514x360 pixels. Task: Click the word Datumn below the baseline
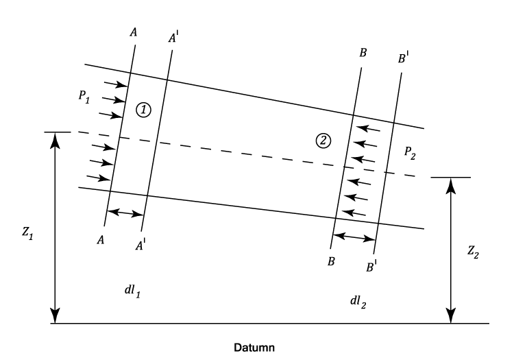pos(254,347)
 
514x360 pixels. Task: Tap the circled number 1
pos(144,110)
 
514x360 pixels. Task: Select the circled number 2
pos(323,141)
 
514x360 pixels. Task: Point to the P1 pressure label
pos(84,97)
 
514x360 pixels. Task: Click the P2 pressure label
pos(410,153)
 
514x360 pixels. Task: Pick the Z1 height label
pos(27,233)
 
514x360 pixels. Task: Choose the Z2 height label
pos(473,252)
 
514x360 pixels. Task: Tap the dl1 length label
pos(133,291)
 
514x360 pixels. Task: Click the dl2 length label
pos(358,302)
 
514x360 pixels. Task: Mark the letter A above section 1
pos(134,32)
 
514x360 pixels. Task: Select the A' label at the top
pos(173,38)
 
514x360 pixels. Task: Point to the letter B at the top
pos(363,53)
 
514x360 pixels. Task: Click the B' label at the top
pos(403,58)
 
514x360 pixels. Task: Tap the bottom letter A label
pos(101,240)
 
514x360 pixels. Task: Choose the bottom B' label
pos(371,267)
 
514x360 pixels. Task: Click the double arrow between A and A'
pos(125,213)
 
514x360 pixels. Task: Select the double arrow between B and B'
pos(354,237)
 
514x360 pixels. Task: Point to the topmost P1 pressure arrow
pos(116,84)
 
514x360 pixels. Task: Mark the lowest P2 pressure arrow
pos(354,213)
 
